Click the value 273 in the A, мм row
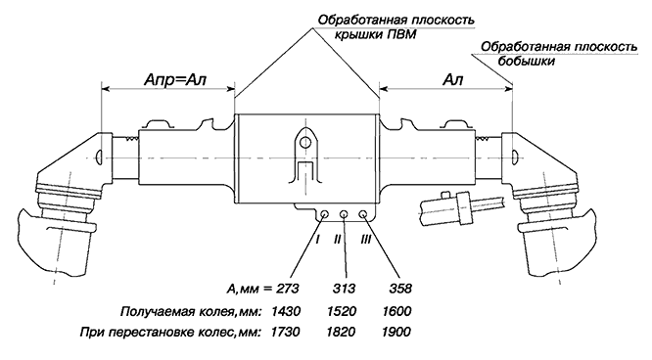[x=287, y=289]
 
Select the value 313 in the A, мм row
[x=344, y=289]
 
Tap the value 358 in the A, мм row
[x=400, y=289]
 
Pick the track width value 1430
[x=285, y=311]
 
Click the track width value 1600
[x=396, y=311]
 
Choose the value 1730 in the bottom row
[x=285, y=332]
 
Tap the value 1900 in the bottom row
[x=396, y=332]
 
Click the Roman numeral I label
[x=318, y=239]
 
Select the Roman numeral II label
[x=337, y=239]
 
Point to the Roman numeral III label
[x=365, y=239]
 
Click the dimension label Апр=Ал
[x=175, y=79]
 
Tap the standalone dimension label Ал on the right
[x=453, y=79]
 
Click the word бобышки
[x=527, y=62]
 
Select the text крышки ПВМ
[x=376, y=34]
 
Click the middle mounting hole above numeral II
[x=344, y=214]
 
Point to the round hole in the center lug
[x=305, y=143]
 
